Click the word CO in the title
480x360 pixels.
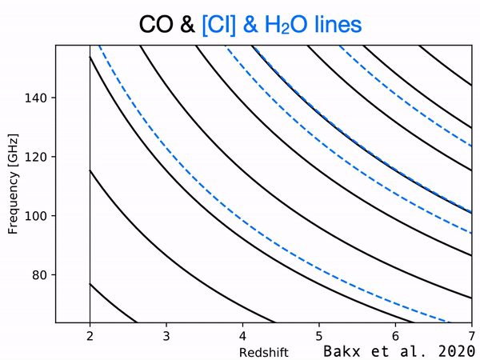click(156, 25)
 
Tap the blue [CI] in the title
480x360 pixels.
click(218, 25)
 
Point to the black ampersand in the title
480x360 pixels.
click(187, 25)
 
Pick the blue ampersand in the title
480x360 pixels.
click(250, 25)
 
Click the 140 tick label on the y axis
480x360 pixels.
click(36, 98)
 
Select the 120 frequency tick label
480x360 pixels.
click(36, 157)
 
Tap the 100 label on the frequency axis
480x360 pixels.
click(36, 216)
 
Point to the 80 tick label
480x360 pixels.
click(39, 275)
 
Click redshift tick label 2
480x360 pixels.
click(90, 336)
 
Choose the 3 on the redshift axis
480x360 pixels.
click(166, 336)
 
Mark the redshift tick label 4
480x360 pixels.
click(242, 336)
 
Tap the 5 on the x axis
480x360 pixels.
click(319, 336)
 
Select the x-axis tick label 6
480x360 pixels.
click(395, 336)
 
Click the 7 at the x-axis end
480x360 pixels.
click(472, 336)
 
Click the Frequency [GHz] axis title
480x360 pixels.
click(13, 184)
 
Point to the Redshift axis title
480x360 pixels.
click(263, 352)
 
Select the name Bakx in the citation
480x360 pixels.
click(342, 351)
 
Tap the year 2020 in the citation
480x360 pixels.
click(457, 351)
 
